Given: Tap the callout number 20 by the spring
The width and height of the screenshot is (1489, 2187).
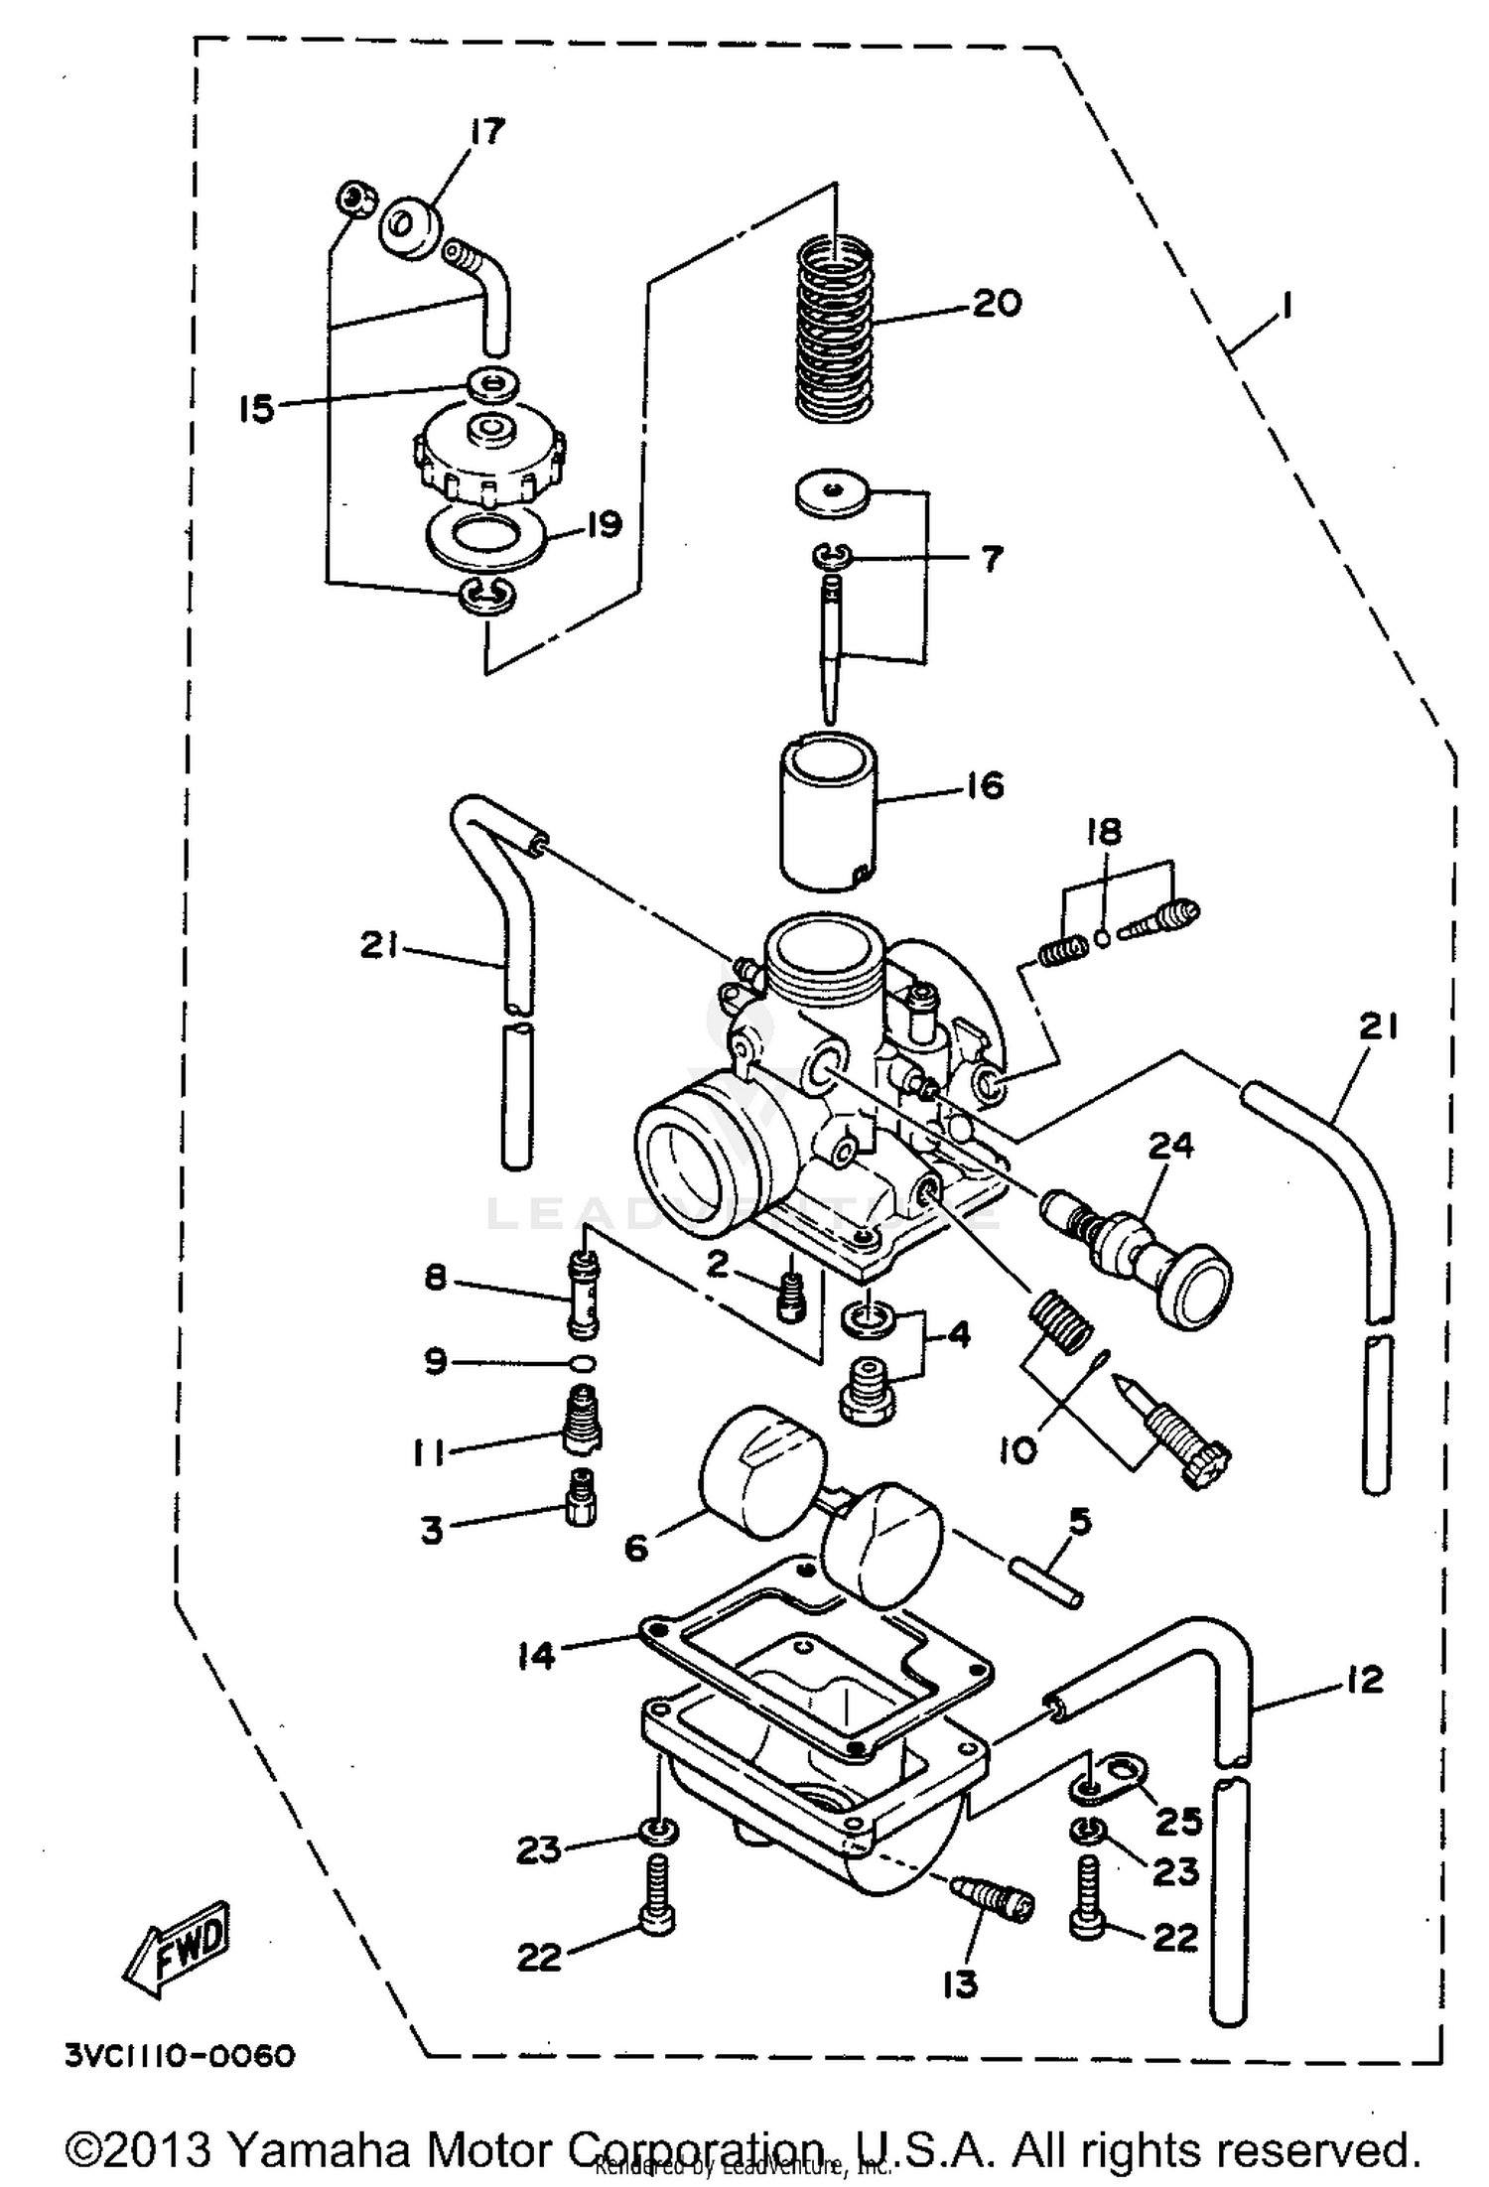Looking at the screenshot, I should click(x=996, y=302).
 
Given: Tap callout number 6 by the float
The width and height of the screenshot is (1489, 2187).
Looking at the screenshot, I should click(x=636, y=1547).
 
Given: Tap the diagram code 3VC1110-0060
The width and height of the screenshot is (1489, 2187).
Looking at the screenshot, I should click(x=181, y=2056).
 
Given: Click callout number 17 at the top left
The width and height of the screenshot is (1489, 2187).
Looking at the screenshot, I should click(x=487, y=132).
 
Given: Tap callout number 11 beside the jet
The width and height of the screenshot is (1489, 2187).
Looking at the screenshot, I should click(x=429, y=1453).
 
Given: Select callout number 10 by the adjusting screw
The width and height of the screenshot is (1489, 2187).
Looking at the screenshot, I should click(x=1016, y=1450).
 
